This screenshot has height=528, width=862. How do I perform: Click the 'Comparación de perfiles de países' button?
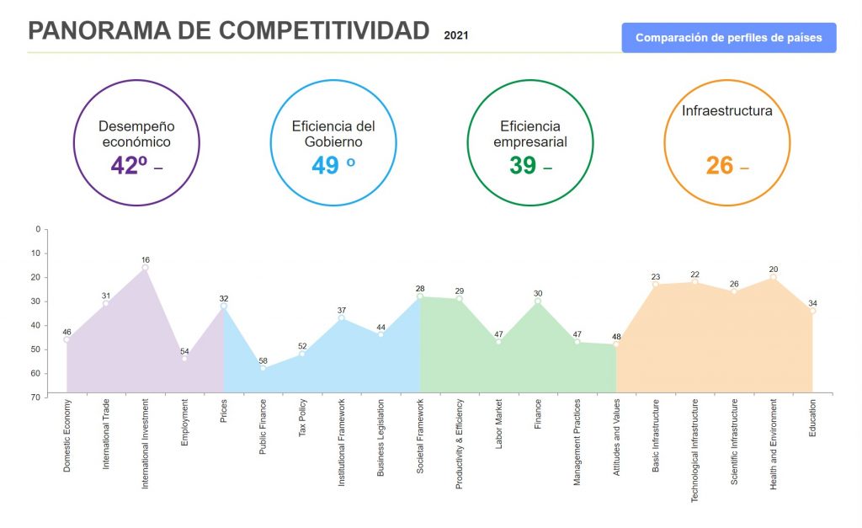pos(728,38)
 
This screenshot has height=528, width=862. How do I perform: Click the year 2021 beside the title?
pos(456,35)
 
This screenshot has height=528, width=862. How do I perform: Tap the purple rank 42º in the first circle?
pos(129,165)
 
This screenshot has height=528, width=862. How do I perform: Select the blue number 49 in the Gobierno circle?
pos(325,165)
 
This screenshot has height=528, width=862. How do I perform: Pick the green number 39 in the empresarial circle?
pos(523,165)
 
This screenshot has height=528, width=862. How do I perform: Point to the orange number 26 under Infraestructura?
pos(720,165)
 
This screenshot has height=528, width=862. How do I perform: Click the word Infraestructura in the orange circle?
pos(726,110)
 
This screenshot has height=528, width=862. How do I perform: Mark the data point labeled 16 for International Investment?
pos(146,268)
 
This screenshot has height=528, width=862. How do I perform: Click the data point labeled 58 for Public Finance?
pos(263,368)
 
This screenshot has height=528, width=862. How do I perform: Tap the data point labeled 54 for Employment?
pos(184,359)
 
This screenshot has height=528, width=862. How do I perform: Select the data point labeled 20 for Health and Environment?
pos(774,277)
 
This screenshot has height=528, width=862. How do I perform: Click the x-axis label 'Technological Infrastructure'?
pos(694,451)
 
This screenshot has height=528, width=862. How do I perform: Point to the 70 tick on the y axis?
pos(35,397)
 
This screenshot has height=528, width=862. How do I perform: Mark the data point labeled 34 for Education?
pos(812,311)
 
